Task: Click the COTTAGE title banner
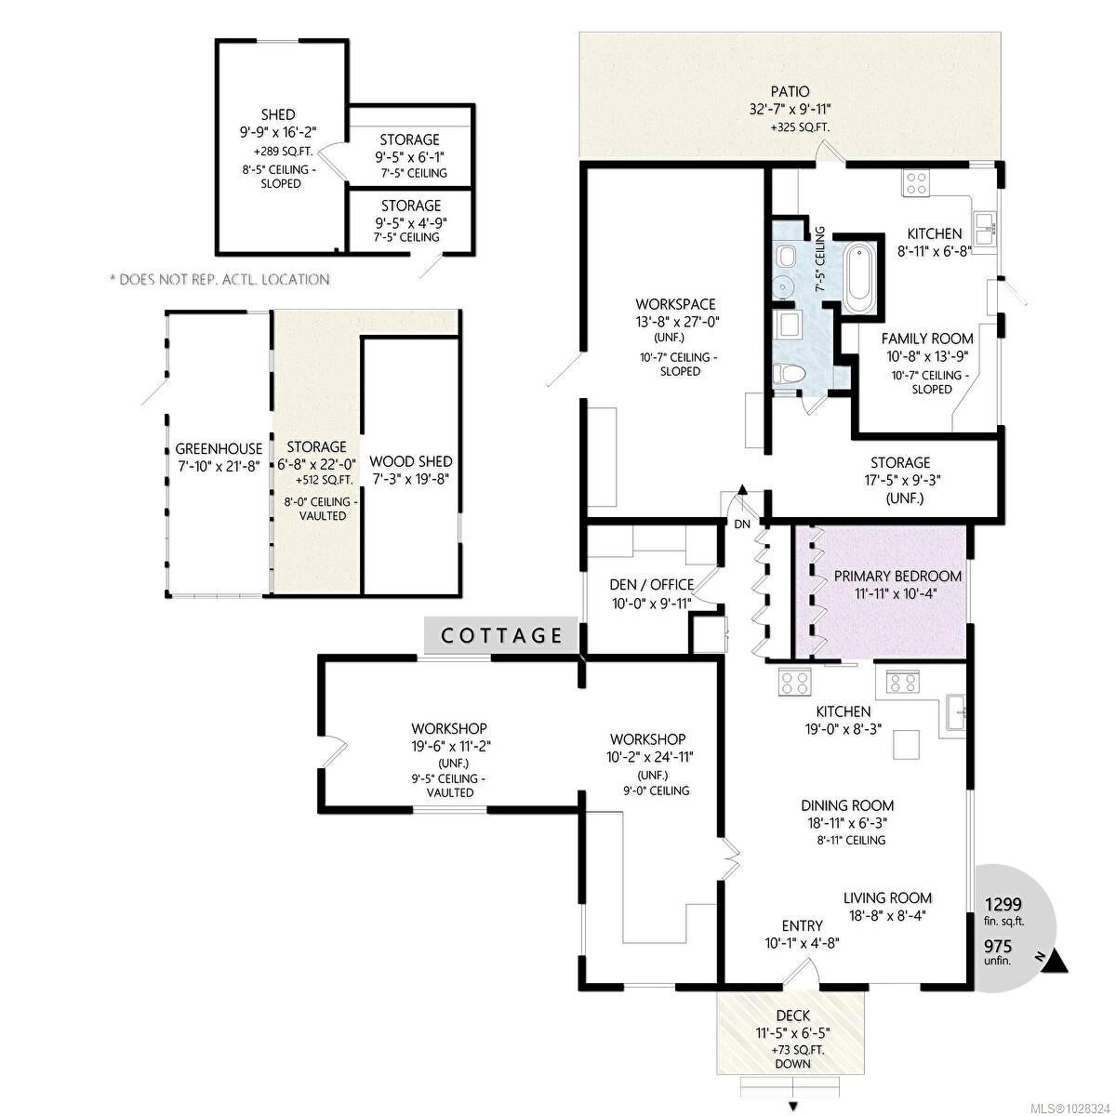(501, 635)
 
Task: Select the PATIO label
(790, 91)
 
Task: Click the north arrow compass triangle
(1057, 963)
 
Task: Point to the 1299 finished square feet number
(1003, 905)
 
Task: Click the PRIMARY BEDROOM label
(897, 577)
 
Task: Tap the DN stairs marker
(742, 525)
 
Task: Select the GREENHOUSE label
(219, 449)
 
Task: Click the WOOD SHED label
(411, 461)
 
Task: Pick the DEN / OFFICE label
(652, 585)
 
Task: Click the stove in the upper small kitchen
(916, 183)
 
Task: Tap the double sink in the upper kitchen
(985, 229)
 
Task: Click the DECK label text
(793, 1032)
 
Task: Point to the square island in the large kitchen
(907, 744)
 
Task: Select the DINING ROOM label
(847, 805)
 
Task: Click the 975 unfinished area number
(999, 947)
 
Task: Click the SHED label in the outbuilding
(278, 114)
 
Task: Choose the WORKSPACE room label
(675, 304)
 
